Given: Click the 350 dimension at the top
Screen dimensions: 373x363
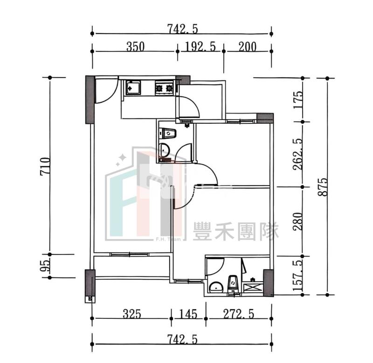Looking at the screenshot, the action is click(x=135, y=47).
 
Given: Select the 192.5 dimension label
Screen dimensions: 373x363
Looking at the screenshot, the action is click(x=200, y=47).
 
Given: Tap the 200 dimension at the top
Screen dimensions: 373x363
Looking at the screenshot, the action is click(x=248, y=47).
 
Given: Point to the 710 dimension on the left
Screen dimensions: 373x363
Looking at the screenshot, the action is click(x=45, y=166).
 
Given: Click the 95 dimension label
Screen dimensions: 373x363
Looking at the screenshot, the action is click(x=45, y=266).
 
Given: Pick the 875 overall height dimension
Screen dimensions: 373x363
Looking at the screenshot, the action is click(x=323, y=187).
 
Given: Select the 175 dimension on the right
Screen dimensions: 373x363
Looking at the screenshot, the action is click(x=298, y=100).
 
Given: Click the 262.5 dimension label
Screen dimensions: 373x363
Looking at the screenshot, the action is click(x=298, y=155).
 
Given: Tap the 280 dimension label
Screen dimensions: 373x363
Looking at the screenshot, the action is click(x=298, y=222).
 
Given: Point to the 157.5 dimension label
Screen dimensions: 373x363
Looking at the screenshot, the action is click(x=298, y=276).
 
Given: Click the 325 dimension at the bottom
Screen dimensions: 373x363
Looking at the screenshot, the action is click(x=132, y=314).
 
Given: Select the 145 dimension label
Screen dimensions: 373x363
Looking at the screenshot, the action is click(x=188, y=314).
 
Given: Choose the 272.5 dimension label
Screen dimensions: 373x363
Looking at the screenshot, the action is click(x=239, y=314).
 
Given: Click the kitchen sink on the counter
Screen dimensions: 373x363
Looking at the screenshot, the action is click(x=133, y=87).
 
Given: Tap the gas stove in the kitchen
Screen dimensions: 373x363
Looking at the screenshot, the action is click(x=164, y=88).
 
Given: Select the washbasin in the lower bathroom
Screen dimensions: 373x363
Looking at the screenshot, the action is click(x=216, y=287).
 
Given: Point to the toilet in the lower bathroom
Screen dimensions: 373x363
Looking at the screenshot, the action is click(x=232, y=283).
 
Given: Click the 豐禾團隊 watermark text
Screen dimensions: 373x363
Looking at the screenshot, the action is click(x=236, y=231).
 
